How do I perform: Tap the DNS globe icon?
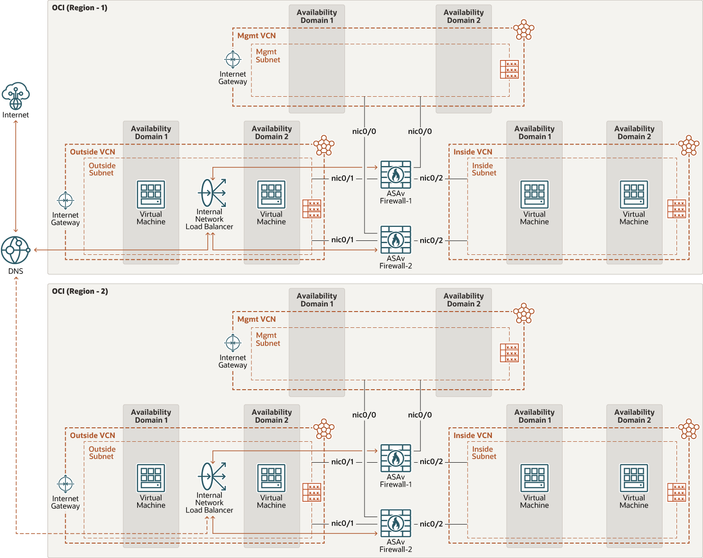pyautogui.click(x=15, y=250)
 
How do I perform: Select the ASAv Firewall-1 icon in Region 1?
pyautogui.click(x=396, y=175)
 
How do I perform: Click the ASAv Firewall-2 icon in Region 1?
pyautogui.click(x=396, y=240)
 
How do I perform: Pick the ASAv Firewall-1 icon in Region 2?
pyautogui.click(x=396, y=458)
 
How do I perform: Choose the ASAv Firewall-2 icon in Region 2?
pyautogui.click(x=396, y=524)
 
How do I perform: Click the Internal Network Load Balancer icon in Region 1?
pyautogui.click(x=212, y=193)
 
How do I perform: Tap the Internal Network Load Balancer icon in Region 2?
pyautogui.click(x=212, y=477)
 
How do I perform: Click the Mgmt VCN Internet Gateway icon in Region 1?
pyautogui.click(x=233, y=60)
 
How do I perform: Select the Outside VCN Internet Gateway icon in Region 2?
pyautogui.click(x=66, y=484)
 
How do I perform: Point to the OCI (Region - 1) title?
pyautogui.click(x=80, y=8)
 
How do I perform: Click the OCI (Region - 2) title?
pyautogui.click(x=80, y=292)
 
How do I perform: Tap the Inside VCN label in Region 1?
pyautogui.click(x=473, y=152)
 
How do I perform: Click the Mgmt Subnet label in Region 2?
pyautogui.click(x=268, y=339)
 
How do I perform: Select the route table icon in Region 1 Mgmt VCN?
pyautogui.click(x=509, y=70)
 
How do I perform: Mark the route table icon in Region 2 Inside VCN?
pyautogui.click(x=676, y=492)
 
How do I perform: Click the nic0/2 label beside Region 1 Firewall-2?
pyautogui.click(x=431, y=240)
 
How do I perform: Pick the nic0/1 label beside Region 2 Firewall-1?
pyautogui.click(x=342, y=462)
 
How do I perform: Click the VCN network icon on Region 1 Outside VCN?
pyautogui.click(x=324, y=146)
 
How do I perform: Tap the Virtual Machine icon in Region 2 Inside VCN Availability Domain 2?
pyautogui.click(x=634, y=478)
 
